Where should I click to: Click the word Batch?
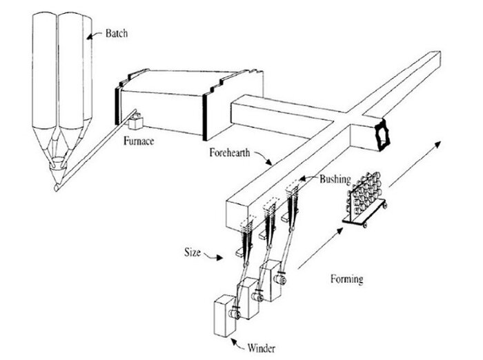[x=117, y=33]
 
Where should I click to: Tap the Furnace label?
[x=139, y=141]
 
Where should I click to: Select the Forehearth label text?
[x=230, y=152]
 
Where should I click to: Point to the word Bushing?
[x=335, y=179]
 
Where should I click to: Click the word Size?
[x=193, y=252]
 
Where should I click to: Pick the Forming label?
[x=346, y=279]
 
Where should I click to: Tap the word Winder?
[x=262, y=348]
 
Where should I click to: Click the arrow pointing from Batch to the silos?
[x=95, y=34]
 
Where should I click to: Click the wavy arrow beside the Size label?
[x=213, y=255]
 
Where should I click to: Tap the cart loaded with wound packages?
[x=365, y=200]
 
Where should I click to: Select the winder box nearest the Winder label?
[x=225, y=316]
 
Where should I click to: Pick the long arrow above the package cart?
[x=415, y=164]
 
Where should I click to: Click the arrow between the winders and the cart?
[x=320, y=248]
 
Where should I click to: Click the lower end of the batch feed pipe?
[x=57, y=187]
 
